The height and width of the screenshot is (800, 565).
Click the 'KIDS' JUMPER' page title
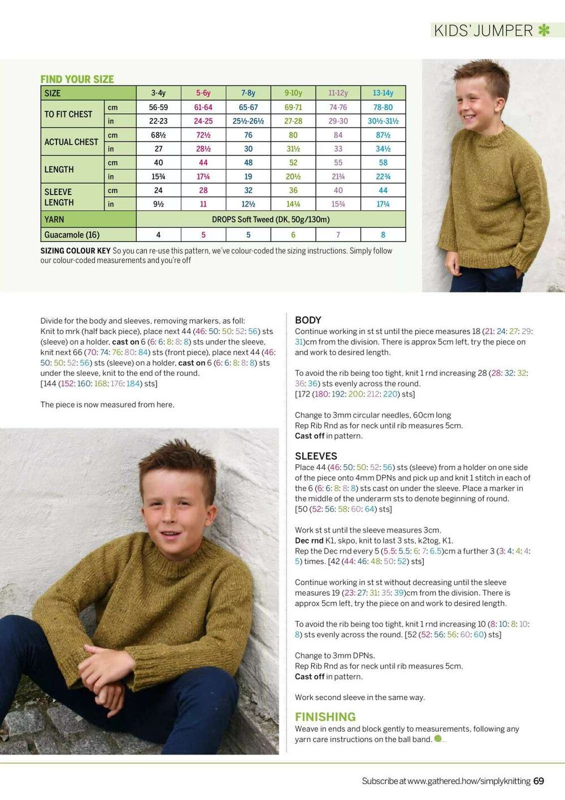483,31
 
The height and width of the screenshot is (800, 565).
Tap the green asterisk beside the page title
544,30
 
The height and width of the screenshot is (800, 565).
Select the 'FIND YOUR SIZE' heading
77,79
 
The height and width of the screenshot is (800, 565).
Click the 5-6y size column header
203,93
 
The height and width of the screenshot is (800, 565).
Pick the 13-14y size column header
383,93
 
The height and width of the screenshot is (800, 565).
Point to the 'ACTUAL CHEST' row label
71,142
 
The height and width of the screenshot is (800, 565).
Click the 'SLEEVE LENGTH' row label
59,197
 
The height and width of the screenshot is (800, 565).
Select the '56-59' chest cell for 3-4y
158,107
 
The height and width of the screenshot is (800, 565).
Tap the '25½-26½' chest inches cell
248,121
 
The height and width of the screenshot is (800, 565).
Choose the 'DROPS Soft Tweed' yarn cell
271,219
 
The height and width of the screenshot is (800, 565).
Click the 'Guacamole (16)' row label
72,235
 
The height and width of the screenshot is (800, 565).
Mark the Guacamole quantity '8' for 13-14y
383,235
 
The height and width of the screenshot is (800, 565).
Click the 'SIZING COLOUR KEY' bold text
75,250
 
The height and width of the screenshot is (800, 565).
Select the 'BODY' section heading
308,320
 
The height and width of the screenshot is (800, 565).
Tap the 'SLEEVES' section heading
316,456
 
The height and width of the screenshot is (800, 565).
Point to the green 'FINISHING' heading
325,716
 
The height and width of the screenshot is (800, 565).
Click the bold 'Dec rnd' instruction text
309,540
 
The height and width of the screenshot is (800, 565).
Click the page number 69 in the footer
538,781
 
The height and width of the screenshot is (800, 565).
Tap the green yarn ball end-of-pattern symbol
438,738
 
